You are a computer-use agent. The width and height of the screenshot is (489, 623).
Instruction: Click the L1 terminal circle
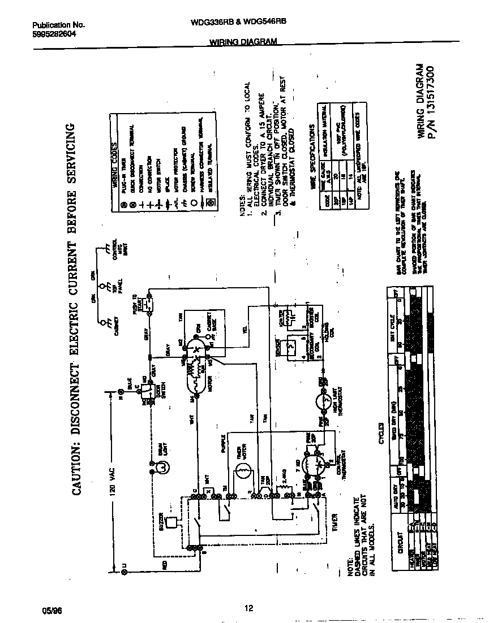coord(124,572)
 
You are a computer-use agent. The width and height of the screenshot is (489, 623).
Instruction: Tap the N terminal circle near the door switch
coord(121,391)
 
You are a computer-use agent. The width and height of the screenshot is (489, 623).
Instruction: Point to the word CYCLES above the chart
coord(381,434)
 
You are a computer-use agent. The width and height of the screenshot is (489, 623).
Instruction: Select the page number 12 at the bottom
coord(248,608)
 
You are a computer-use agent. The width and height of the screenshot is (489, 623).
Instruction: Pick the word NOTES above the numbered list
coord(242,207)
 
